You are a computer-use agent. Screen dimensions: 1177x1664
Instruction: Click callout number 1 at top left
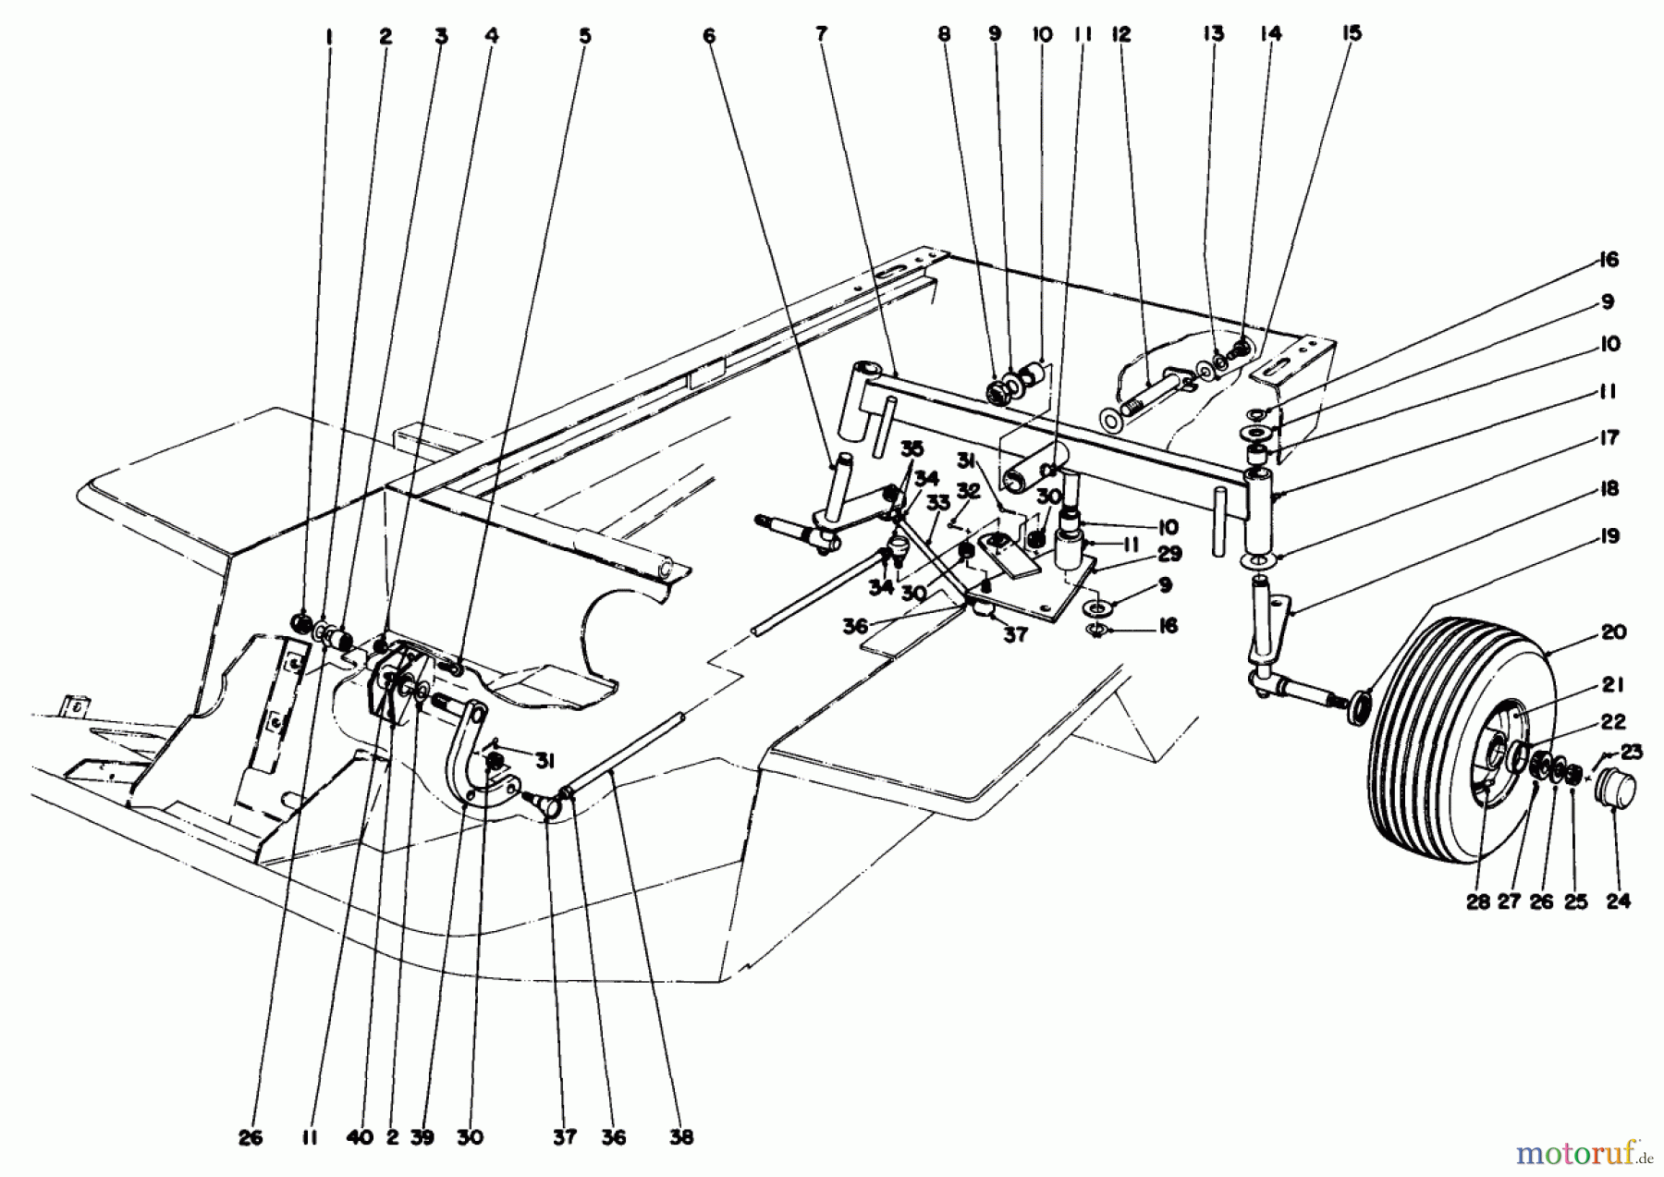click(328, 36)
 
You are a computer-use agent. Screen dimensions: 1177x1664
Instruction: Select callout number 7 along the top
click(821, 34)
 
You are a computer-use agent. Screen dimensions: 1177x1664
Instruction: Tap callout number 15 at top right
click(1351, 33)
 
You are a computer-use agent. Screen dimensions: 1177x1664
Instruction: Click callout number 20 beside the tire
click(1613, 632)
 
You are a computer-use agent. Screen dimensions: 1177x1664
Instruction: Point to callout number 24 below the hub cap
click(1618, 901)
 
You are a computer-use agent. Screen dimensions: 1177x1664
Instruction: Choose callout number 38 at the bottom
click(681, 1137)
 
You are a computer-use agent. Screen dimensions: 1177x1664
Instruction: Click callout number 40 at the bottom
click(360, 1137)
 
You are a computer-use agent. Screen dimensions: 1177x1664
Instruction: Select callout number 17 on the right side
click(1609, 437)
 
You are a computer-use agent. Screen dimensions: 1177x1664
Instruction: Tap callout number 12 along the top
click(1120, 34)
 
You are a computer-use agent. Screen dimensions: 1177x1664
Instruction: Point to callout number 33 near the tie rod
click(937, 503)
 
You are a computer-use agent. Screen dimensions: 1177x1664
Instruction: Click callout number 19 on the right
click(1609, 536)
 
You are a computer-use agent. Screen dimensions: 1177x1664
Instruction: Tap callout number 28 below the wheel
click(1477, 901)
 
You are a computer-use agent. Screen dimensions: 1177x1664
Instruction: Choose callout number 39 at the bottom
click(422, 1137)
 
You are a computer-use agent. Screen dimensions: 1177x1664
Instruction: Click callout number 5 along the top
click(584, 36)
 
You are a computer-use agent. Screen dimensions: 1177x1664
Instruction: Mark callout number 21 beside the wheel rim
click(1612, 685)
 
